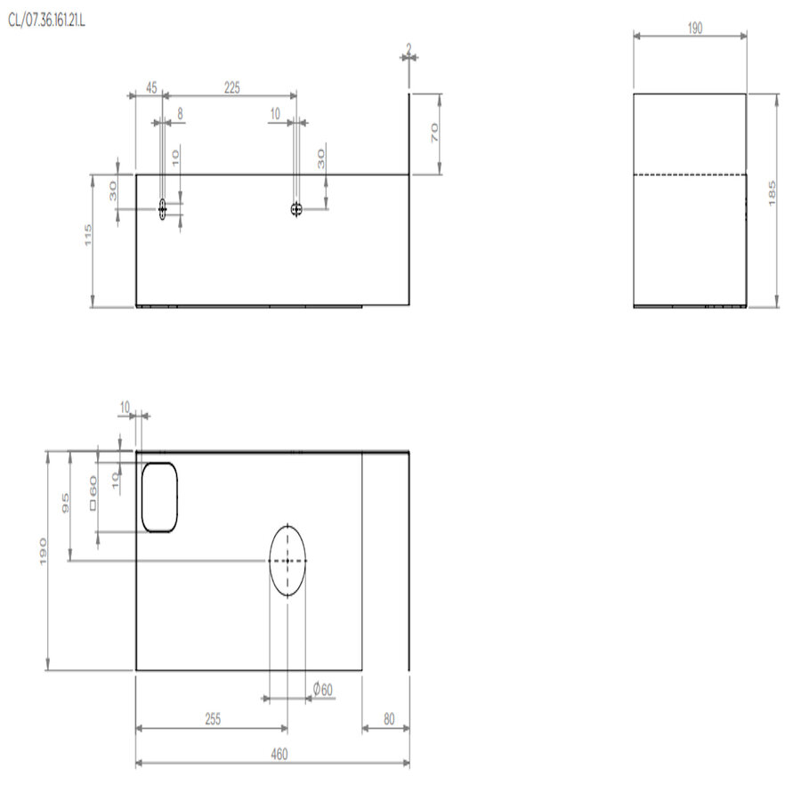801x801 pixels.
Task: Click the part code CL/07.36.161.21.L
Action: point(46,20)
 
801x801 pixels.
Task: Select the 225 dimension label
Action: point(232,87)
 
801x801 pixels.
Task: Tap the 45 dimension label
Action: point(151,87)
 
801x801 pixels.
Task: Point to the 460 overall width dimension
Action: point(279,754)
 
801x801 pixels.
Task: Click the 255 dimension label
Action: point(213,719)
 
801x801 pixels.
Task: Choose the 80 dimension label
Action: point(389,719)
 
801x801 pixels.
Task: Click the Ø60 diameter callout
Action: point(323,689)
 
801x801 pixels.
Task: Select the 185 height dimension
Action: point(772,194)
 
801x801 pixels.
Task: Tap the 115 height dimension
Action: point(88,235)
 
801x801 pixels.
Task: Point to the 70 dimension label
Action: point(434,133)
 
